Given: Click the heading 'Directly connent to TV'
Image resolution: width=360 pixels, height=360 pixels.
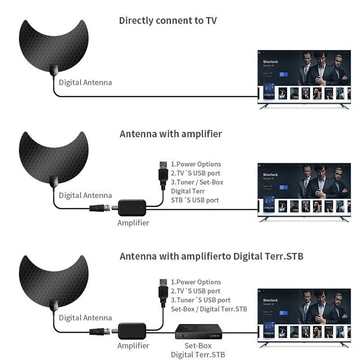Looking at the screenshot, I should click(x=168, y=21).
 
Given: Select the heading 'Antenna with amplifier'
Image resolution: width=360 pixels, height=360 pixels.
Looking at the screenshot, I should click(x=171, y=134).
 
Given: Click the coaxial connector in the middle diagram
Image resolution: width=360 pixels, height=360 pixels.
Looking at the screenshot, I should click(x=99, y=208).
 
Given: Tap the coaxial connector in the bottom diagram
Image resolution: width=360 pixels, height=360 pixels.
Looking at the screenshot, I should click(x=99, y=333).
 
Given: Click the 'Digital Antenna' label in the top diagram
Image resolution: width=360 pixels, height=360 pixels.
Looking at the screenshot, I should click(x=85, y=82).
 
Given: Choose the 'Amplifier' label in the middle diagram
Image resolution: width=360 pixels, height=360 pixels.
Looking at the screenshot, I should click(x=133, y=223).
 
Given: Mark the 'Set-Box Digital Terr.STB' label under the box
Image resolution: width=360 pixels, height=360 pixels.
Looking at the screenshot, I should click(x=198, y=350).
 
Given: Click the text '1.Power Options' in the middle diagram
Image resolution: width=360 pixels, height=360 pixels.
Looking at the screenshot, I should click(x=196, y=164).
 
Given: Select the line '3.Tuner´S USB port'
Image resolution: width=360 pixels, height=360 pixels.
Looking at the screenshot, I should click(x=201, y=300).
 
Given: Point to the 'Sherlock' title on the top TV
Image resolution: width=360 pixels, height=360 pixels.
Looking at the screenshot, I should click(x=270, y=61).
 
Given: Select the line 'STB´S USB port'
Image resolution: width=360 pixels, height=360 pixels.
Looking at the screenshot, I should click(x=195, y=200).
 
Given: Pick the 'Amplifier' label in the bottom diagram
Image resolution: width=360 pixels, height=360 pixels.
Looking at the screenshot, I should click(x=133, y=346).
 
